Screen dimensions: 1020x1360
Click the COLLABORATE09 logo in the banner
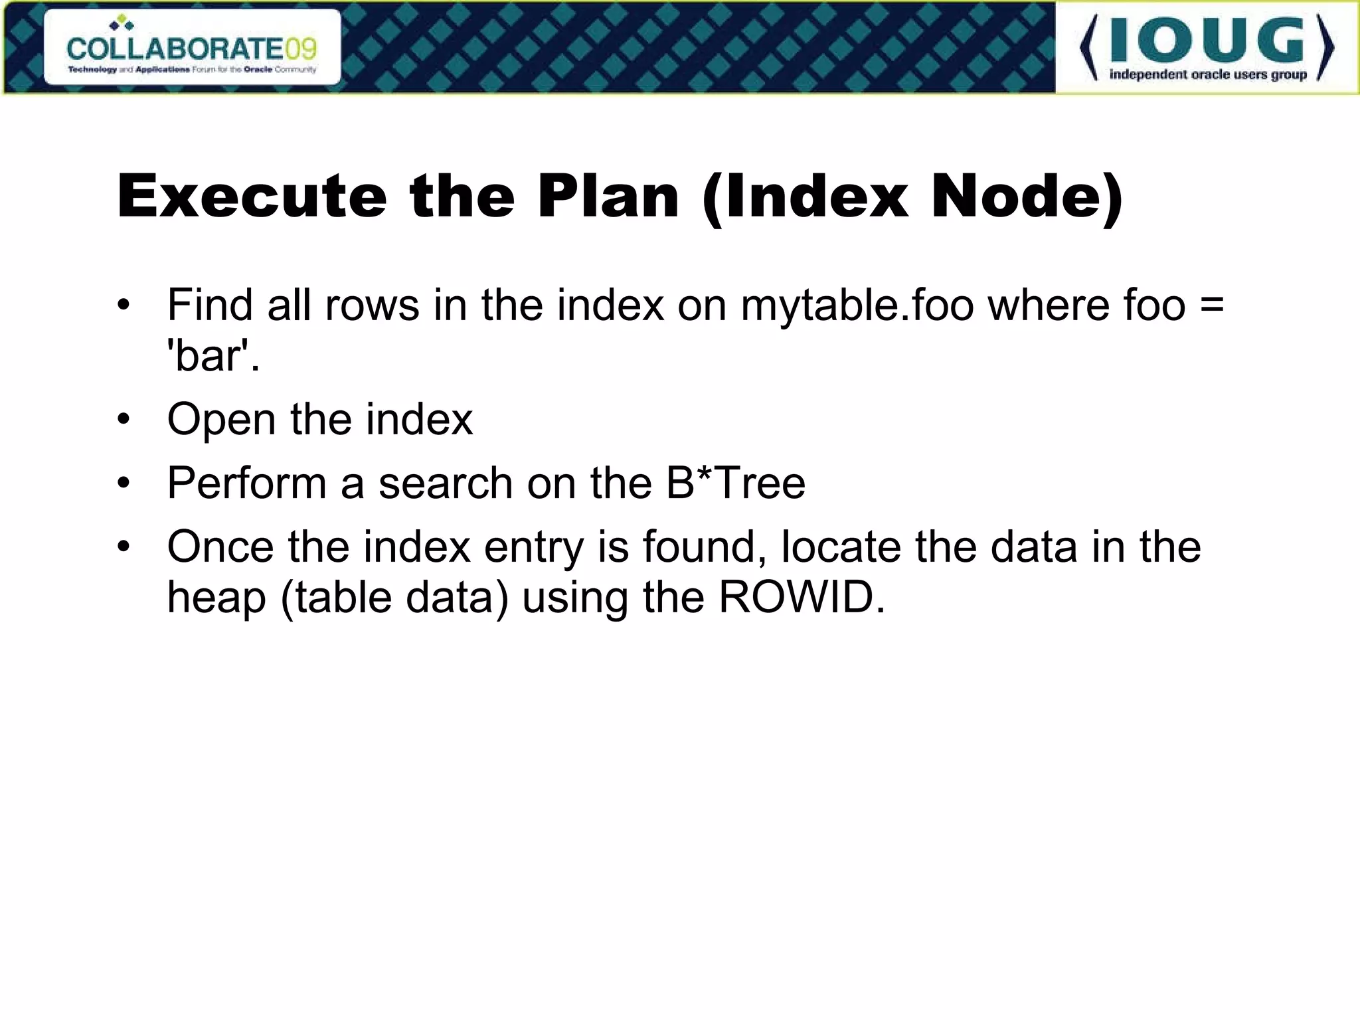coord(192,48)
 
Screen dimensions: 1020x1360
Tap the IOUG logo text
coord(1207,41)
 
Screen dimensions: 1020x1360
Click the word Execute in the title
coord(252,197)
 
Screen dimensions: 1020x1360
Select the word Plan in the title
coord(608,197)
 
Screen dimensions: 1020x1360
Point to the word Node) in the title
coord(1027,197)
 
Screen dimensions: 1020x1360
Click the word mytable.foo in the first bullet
coord(857,305)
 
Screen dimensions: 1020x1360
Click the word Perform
coord(246,483)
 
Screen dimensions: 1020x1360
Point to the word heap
coord(216,598)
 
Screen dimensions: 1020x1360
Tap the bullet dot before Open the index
coord(124,420)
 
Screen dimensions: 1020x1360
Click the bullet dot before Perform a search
coord(124,483)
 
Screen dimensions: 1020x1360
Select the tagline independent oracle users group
coord(1208,74)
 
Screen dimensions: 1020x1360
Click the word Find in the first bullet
coord(210,305)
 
